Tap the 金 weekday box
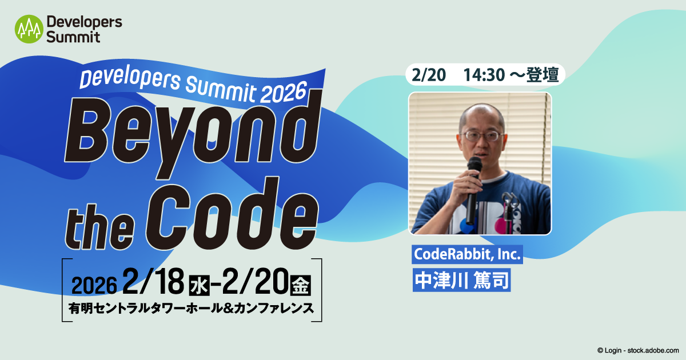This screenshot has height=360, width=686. click(301, 283)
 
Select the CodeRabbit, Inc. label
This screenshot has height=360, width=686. click(468, 254)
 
